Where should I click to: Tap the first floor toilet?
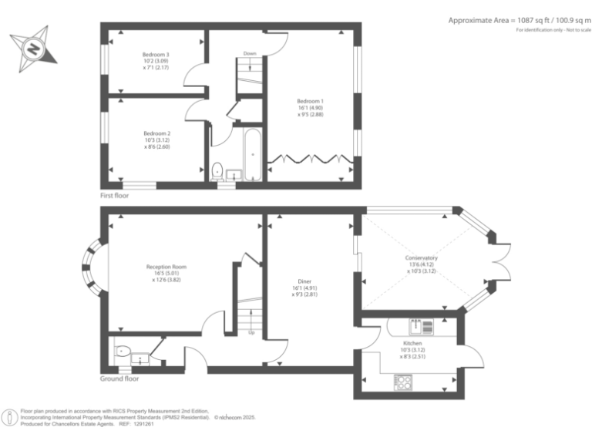[217, 170]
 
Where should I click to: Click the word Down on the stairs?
[249, 53]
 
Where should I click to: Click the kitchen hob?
[403, 381]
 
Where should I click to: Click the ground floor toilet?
[123, 351]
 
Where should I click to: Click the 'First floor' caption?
[115, 196]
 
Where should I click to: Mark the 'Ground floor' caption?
[119, 379]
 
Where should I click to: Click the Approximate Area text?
[517, 21]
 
